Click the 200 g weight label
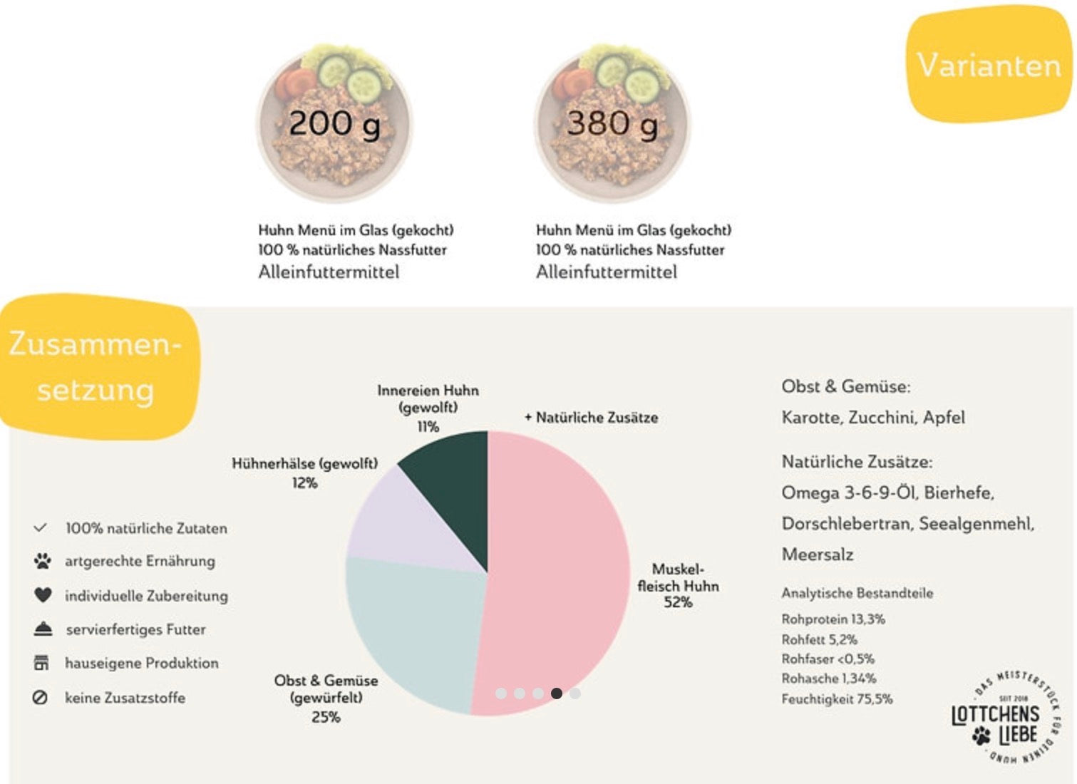tap(334, 124)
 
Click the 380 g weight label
tap(612, 124)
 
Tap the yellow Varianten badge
tap(989, 64)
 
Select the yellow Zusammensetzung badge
tap(98, 367)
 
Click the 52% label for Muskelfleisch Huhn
tap(678, 602)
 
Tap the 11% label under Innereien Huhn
tap(428, 426)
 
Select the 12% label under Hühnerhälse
tap(305, 483)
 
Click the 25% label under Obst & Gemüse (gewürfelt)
tap(326, 717)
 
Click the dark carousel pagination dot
tap(557, 693)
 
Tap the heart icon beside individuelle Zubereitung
tap(43, 595)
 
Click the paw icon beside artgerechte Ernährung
tap(42, 561)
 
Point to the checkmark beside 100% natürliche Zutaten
tap(41, 528)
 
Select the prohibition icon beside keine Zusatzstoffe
tap(40, 698)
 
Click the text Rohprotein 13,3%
tap(833, 619)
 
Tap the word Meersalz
tap(818, 555)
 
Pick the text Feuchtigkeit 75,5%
tap(837, 699)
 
